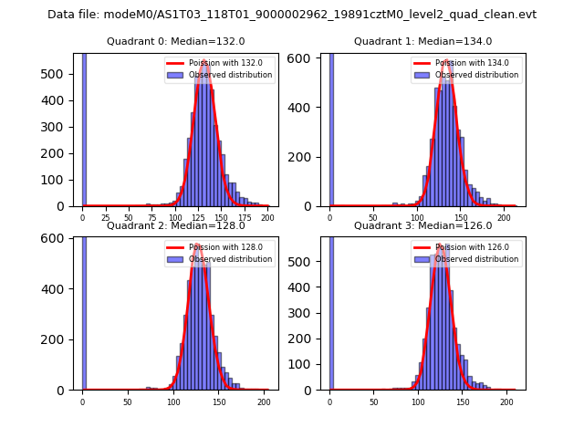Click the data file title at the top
[292, 15]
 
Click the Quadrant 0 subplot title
[176, 41]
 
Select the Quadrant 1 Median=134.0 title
[422, 41]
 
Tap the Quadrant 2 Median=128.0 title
[176, 225]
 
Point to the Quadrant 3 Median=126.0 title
[422, 225]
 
